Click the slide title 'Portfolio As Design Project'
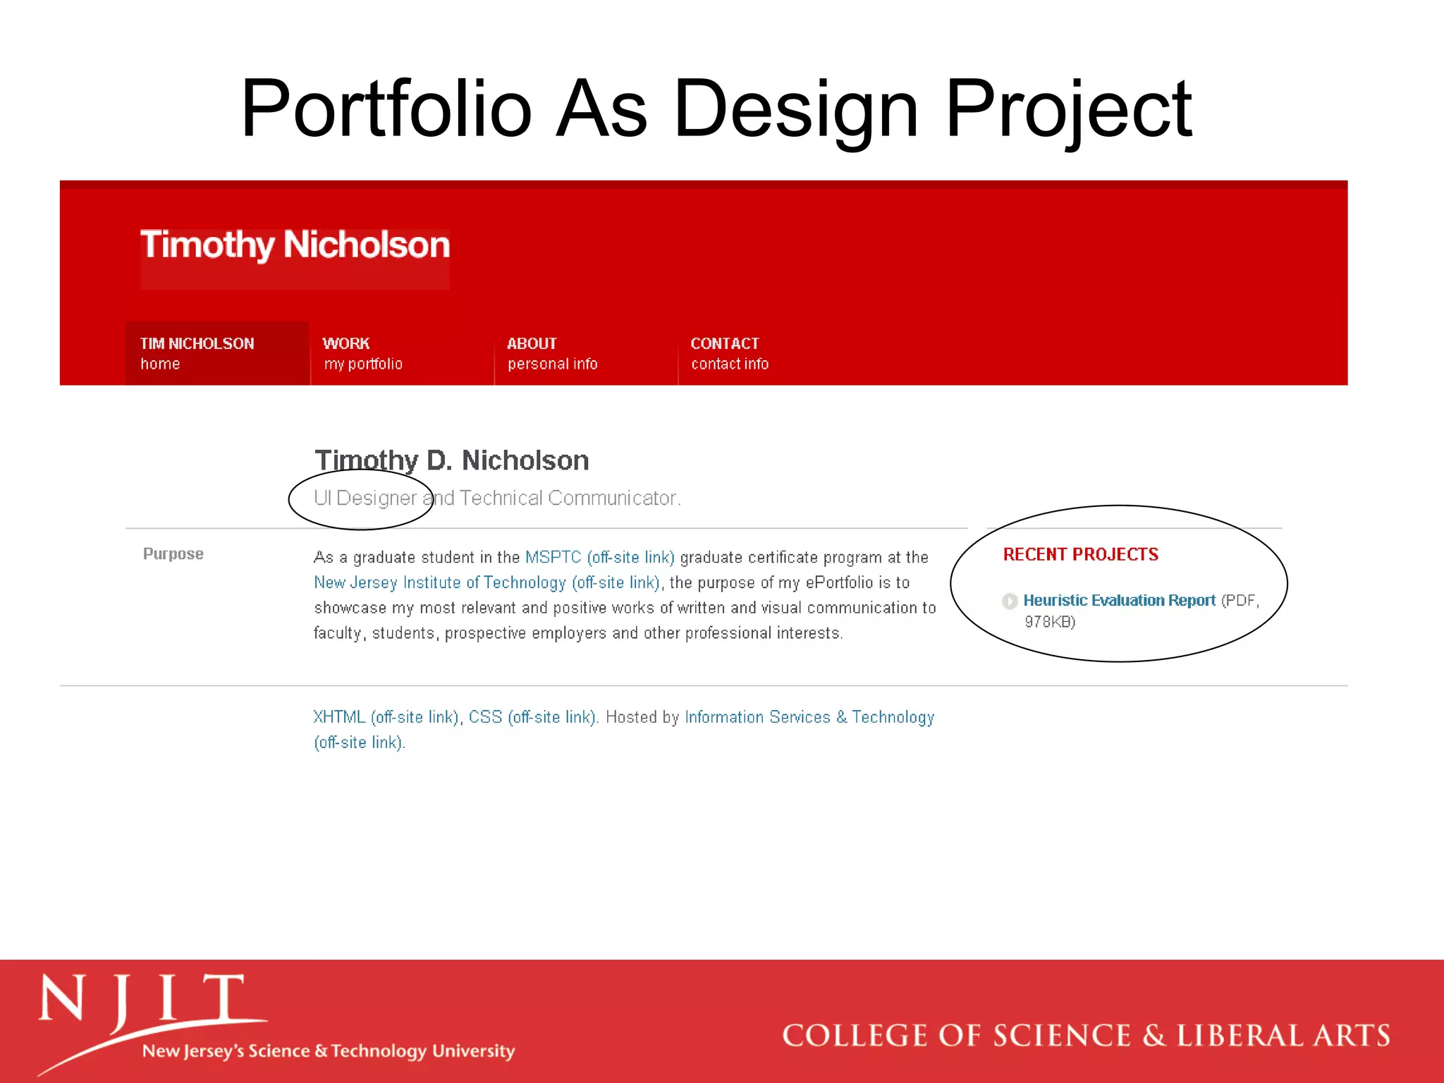tap(716, 109)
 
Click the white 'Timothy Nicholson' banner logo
tap(295, 245)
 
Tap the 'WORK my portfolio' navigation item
tap(362, 353)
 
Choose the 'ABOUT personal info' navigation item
tap(552, 353)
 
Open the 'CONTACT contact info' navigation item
tap(729, 353)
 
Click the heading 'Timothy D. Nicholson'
tap(451, 460)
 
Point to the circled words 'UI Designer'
tap(365, 498)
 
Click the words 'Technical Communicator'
tap(568, 498)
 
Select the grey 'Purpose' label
tap(173, 554)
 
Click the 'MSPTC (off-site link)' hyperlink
tap(599, 558)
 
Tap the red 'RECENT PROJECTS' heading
tap(1080, 555)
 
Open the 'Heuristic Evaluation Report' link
tap(1119, 601)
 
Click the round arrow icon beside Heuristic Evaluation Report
tap(1010, 601)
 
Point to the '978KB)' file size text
tap(1050, 622)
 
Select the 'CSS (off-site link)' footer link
tap(532, 718)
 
